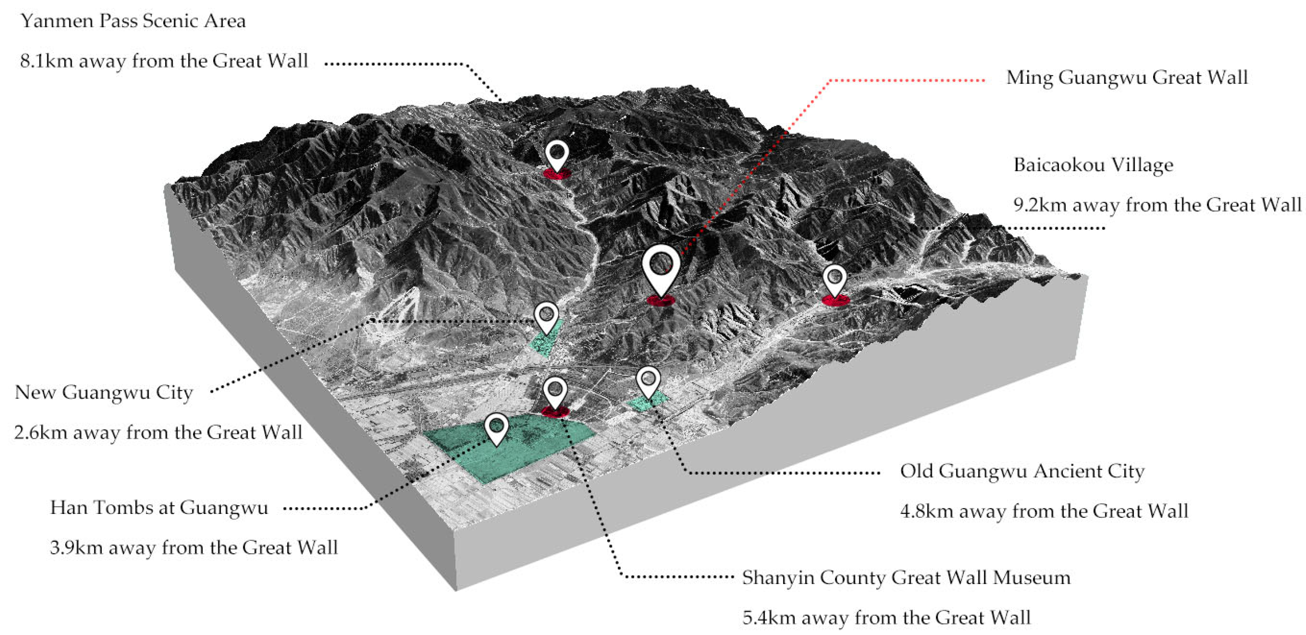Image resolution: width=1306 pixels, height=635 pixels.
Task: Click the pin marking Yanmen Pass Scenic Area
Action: coord(557,154)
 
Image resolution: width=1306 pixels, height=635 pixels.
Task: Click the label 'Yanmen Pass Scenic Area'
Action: coord(133,21)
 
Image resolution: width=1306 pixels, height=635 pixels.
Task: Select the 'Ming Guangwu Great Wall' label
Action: coord(1127,78)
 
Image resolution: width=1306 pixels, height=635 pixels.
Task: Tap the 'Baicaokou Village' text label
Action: coord(1093,165)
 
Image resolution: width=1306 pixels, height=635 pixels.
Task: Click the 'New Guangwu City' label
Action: coord(104,393)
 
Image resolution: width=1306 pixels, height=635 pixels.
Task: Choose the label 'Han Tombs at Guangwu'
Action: coord(159,508)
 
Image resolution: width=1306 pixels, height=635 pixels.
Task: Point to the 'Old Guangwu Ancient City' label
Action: coord(1022,471)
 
